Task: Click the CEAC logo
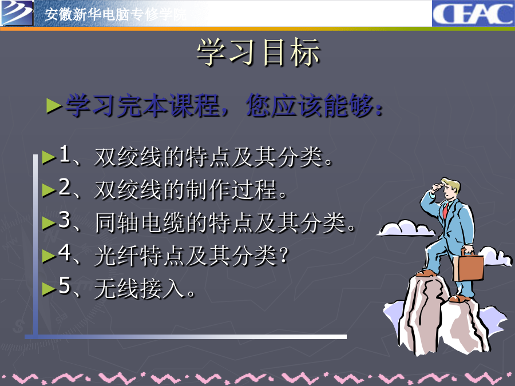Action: pyautogui.click(x=473, y=14)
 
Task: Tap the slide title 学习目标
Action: pyautogui.click(x=258, y=52)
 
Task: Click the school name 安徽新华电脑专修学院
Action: pyautogui.click(x=115, y=15)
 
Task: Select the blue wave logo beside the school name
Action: pyautogui.click(x=17, y=13)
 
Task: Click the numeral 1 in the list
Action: pyautogui.click(x=64, y=154)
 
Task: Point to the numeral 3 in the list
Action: pyautogui.click(x=64, y=220)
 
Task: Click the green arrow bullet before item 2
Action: pyautogui.click(x=49, y=190)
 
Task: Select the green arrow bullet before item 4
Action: pyautogui.click(x=49, y=256)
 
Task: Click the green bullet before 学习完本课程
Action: pyautogui.click(x=54, y=106)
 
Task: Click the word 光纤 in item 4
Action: pyautogui.click(x=117, y=256)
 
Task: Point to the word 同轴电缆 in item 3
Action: pyautogui.click(x=140, y=223)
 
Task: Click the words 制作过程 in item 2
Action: pyautogui.click(x=231, y=190)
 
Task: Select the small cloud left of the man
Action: pyautogui.click(x=406, y=228)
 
